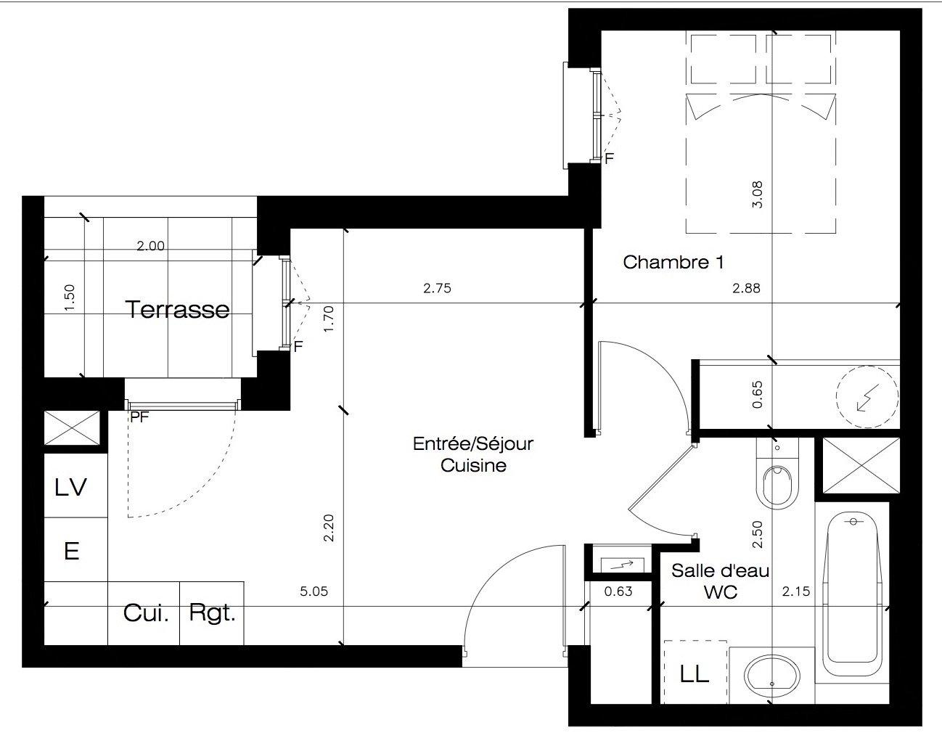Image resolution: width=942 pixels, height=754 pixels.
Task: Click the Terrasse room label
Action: pos(177,310)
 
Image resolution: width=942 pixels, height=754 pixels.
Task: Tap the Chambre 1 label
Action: pos(673,262)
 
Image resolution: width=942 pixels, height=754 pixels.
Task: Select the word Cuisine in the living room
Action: pos(473,465)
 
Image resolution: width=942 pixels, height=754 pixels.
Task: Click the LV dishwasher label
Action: pos(71,487)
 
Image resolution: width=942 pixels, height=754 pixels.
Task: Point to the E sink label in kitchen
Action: pos(72,551)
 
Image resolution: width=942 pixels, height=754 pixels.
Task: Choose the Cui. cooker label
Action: pos(146,612)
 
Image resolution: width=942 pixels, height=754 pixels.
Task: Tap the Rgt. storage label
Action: pos(213,612)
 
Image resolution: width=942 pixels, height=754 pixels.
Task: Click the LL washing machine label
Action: pos(695,674)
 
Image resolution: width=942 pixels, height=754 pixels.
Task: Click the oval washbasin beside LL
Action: pos(772,675)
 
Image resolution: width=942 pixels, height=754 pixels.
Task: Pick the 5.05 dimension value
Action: pos(314,591)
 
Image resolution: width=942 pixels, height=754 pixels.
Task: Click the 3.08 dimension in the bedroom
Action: pos(757,194)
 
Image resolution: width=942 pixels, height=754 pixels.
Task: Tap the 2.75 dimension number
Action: pos(437,287)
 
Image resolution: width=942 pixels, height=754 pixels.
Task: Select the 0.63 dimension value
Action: pos(618,591)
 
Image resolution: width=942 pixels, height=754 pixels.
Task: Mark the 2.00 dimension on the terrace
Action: pos(150,245)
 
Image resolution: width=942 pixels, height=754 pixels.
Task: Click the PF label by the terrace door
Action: pos(139,417)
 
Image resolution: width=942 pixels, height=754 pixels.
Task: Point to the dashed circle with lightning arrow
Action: pos(867,396)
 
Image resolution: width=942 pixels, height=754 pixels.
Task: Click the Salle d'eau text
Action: pos(720,570)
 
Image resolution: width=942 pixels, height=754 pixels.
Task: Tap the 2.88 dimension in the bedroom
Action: pos(746,287)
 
